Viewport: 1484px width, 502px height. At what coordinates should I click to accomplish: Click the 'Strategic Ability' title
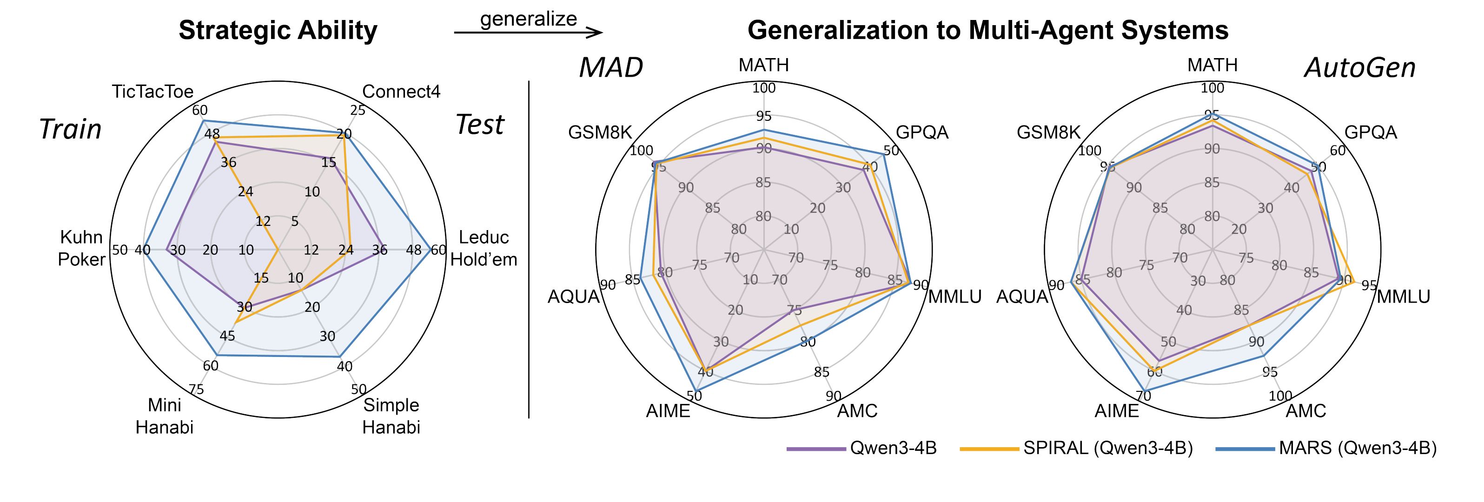[x=278, y=30]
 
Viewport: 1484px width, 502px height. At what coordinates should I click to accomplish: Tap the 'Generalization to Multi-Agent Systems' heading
[x=988, y=30]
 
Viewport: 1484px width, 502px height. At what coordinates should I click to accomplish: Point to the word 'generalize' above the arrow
[x=528, y=19]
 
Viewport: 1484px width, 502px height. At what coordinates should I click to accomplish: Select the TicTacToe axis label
[x=152, y=92]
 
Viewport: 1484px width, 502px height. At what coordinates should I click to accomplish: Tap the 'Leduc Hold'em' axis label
[x=484, y=248]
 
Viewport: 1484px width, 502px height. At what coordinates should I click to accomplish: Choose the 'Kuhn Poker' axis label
[x=82, y=248]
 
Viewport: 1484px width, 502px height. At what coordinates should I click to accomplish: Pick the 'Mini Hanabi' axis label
[x=164, y=416]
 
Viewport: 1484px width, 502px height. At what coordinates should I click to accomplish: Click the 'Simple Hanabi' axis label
[x=391, y=416]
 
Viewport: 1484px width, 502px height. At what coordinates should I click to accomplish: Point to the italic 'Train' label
[x=70, y=130]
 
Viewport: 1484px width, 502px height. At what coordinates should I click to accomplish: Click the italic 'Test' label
[x=479, y=125]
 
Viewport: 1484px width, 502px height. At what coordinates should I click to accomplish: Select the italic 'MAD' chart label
[x=610, y=68]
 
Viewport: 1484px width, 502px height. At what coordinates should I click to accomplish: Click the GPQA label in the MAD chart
[x=922, y=132]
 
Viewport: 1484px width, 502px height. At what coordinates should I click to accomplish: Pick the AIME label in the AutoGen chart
[x=1116, y=410]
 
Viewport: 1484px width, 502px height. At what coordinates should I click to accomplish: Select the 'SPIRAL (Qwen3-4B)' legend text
[x=1108, y=449]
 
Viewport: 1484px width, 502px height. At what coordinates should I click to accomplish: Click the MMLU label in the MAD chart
[x=954, y=297]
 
